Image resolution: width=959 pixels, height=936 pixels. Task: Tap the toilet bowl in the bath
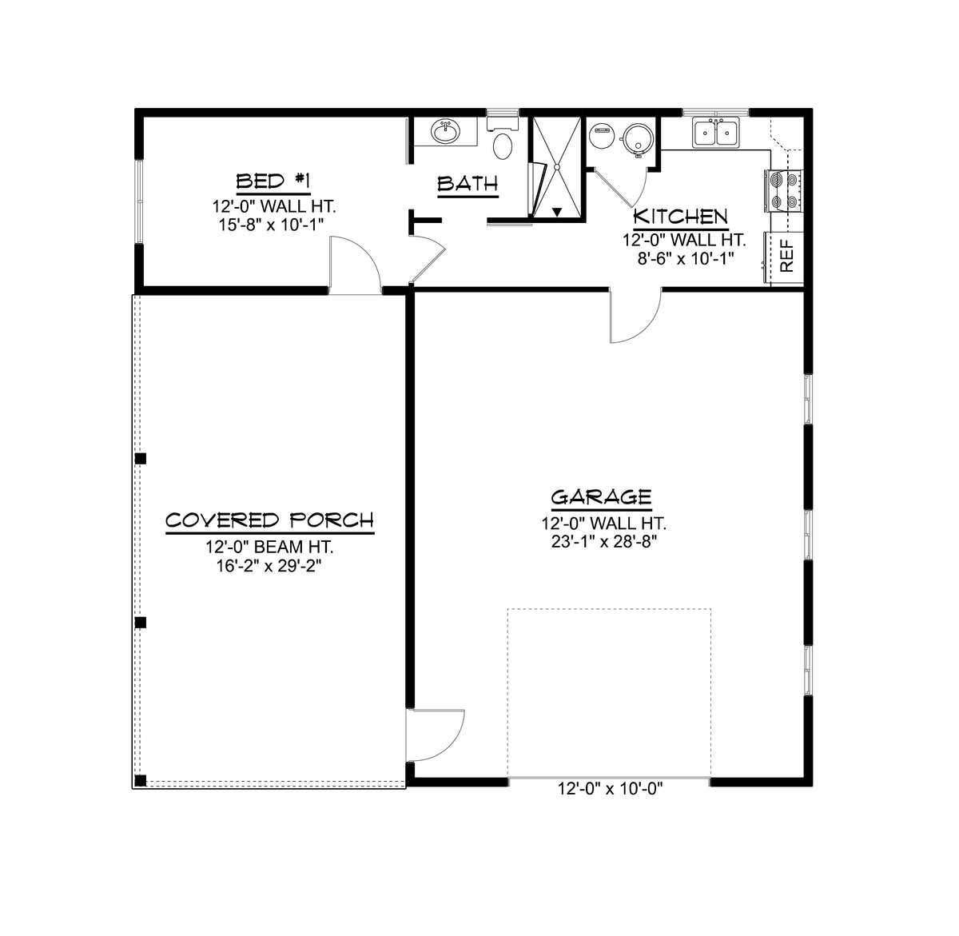(x=503, y=145)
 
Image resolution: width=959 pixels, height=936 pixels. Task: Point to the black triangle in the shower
(x=558, y=212)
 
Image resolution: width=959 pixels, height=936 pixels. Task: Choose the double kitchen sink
(x=717, y=133)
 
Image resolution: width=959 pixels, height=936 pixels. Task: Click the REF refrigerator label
(x=786, y=257)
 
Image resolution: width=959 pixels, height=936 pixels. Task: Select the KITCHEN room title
(x=680, y=217)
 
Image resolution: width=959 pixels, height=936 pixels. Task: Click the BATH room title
(x=468, y=185)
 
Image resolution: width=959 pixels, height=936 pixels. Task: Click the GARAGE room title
(x=601, y=497)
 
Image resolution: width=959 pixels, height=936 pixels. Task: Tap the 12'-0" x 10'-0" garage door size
(x=611, y=790)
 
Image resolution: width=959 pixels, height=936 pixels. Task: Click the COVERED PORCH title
(x=269, y=521)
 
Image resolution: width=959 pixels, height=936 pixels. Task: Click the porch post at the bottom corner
(x=141, y=781)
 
